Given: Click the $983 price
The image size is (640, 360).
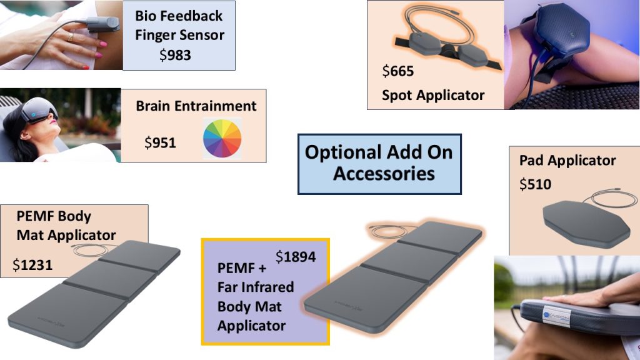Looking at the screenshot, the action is point(175,55).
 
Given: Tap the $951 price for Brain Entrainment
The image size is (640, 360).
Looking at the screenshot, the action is point(160,143).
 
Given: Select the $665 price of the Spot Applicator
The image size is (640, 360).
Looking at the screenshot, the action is point(398,71).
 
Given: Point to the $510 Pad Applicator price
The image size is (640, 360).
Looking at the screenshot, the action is point(535,184).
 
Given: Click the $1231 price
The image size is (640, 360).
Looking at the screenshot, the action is point(32,265).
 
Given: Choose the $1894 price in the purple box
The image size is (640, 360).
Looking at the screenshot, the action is point(296,257).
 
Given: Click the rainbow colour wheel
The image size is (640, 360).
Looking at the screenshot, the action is point(222,138).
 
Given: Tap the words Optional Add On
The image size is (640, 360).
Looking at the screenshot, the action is point(379,152).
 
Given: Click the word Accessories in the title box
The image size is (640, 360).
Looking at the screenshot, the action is point(384,174).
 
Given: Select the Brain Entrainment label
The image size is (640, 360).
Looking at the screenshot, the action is point(196,106).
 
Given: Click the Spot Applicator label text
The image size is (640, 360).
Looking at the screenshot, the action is point(433,95).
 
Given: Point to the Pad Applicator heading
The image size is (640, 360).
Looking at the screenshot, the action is point(567,161).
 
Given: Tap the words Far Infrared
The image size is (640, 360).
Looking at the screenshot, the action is point(256,287).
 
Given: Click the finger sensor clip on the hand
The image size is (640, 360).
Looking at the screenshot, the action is point(101,24).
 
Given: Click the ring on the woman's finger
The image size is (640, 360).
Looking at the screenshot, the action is point(70,37).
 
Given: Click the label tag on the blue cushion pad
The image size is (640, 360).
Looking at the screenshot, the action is point(556,317).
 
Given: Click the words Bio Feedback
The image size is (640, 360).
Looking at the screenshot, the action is point(179,16).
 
